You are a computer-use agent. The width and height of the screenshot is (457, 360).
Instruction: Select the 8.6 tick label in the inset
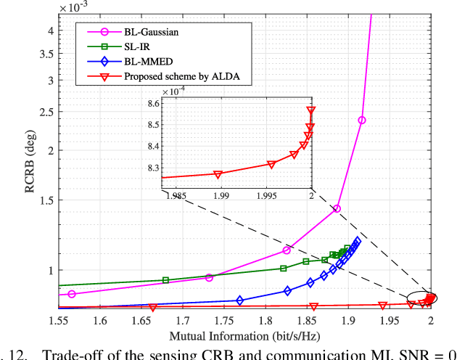point(152,105)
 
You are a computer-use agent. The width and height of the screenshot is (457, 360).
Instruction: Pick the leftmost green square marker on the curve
point(165,280)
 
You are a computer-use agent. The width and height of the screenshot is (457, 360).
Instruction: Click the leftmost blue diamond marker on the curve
point(240,300)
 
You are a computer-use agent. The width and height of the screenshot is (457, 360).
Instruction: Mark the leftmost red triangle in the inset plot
point(218,174)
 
